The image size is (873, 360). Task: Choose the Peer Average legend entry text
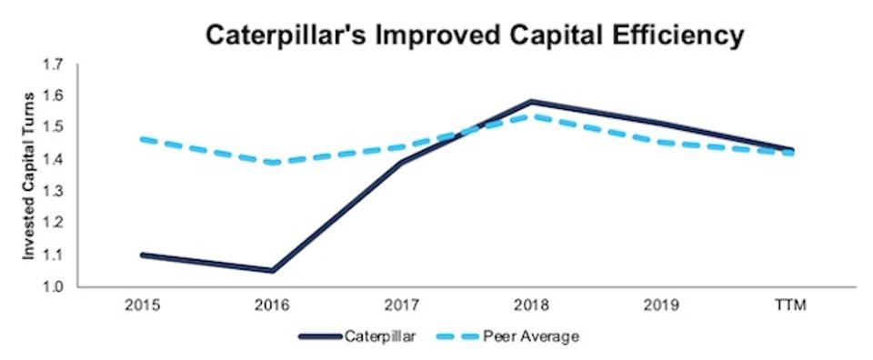[x=536, y=337]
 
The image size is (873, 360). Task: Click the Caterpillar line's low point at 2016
[x=273, y=270]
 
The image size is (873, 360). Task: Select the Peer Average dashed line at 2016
[x=273, y=163]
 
